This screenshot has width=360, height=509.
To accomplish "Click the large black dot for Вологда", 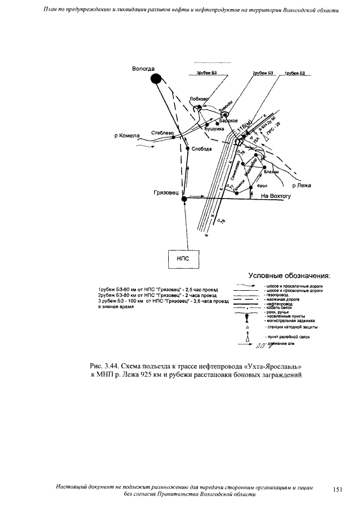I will (x=156, y=79).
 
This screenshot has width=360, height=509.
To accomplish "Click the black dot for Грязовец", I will (x=184, y=198).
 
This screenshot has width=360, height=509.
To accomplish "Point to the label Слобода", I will (x=201, y=149).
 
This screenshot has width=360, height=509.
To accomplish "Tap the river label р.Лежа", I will (x=303, y=184).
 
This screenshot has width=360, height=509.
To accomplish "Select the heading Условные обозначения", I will (x=290, y=276).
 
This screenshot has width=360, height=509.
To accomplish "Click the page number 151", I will (x=337, y=490).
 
